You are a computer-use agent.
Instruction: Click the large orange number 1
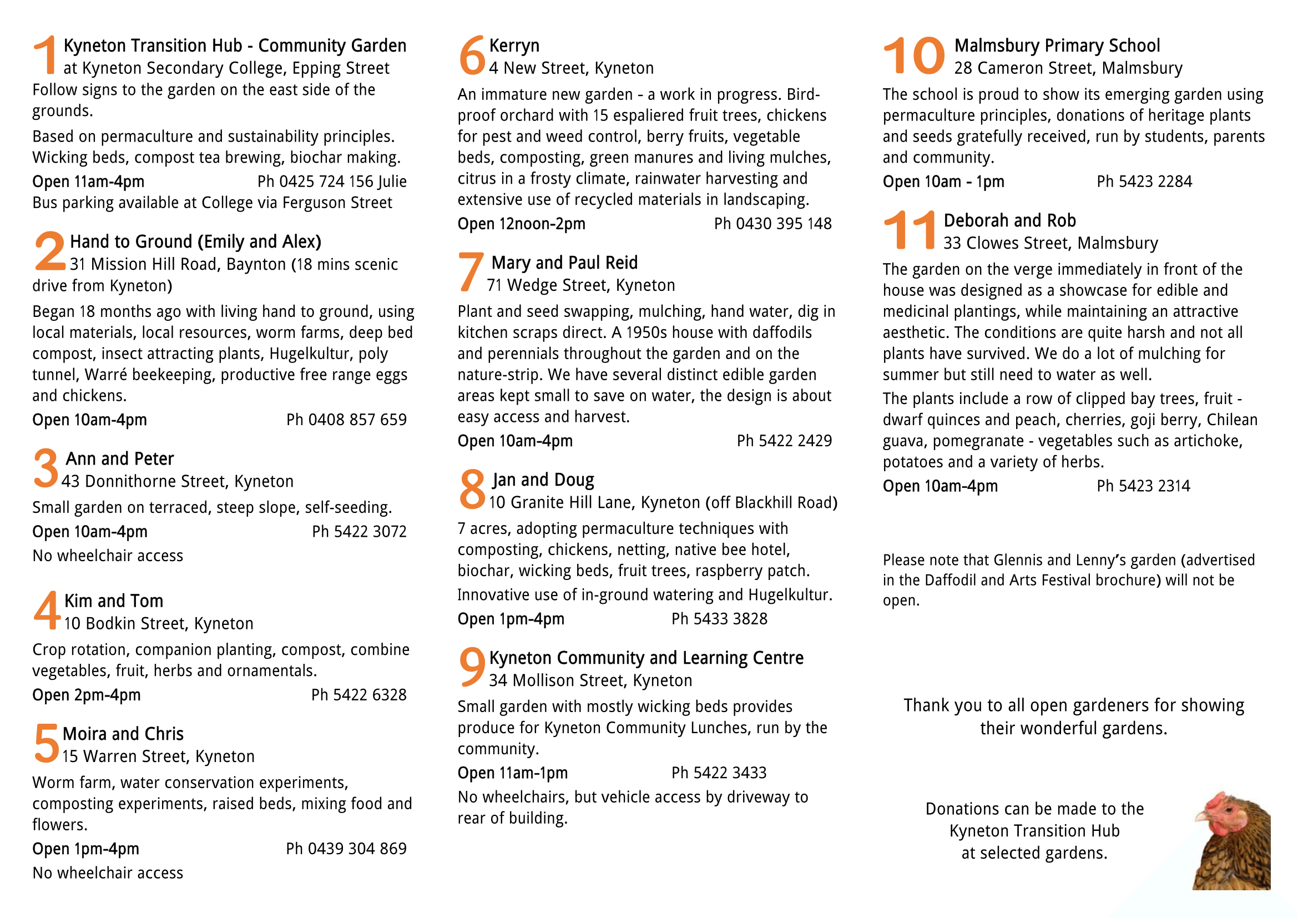point(45,55)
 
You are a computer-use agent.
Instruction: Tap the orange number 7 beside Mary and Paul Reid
point(471,272)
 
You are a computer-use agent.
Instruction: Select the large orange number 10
point(913,56)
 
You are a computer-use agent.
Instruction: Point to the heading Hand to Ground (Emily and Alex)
point(195,242)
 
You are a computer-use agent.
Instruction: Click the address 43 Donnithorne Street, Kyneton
point(178,481)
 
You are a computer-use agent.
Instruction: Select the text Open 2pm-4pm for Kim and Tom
point(87,695)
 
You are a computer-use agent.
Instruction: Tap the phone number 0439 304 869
point(346,849)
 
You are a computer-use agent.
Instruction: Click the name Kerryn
point(514,46)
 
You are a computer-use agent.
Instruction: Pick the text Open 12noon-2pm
point(521,224)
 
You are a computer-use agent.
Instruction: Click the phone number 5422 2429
point(784,441)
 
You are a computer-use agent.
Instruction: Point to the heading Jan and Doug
point(543,480)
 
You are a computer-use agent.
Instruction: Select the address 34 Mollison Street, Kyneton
point(590,680)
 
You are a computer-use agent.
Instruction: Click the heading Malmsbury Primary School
point(1057,46)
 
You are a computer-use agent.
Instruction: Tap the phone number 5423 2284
point(1144,181)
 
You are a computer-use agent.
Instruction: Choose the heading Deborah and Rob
point(1009,220)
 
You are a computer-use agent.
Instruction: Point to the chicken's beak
point(1200,818)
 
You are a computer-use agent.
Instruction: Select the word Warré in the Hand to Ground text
point(106,375)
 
